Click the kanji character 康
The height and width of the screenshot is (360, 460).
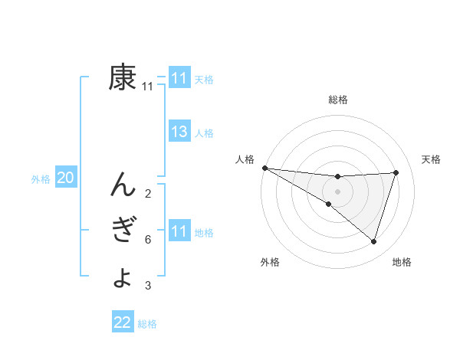123,77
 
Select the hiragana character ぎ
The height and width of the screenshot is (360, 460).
123,230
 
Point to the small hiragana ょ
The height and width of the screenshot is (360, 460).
123,277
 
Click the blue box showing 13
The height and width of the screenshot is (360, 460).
179,132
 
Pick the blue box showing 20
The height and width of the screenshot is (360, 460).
66,178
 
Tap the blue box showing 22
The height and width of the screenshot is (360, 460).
123,322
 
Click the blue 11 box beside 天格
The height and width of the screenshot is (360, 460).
179,78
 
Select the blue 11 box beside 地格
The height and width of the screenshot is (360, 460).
179,231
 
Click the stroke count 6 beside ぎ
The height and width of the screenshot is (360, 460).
147,240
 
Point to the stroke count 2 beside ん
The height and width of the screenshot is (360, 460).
147,193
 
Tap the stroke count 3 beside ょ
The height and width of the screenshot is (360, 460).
147,286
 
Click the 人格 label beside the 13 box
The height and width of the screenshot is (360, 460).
204,133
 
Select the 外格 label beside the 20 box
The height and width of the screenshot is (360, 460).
41,179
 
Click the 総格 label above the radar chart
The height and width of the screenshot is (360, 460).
338,100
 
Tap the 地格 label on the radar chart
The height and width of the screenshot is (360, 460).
402,262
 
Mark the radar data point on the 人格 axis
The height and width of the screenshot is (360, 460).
264,167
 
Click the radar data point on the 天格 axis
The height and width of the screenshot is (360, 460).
396,172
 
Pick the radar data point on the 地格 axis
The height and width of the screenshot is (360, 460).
373,241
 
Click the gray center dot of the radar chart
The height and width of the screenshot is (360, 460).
337,191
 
